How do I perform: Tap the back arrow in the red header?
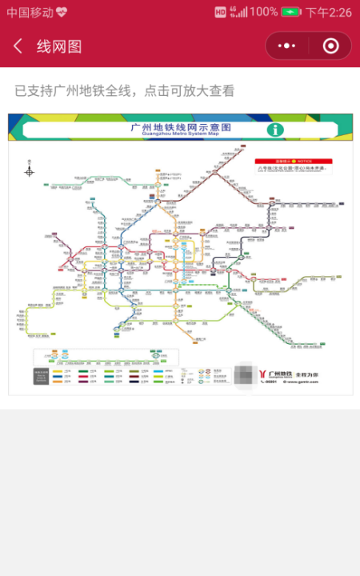(x=18, y=46)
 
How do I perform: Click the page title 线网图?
(x=59, y=46)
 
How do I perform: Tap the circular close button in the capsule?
(x=330, y=46)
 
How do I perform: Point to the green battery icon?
(x=290, y=12)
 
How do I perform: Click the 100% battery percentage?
(x=263, y=12)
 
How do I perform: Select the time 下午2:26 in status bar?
(x=329, y=12)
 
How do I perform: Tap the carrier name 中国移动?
(x=30, y=12)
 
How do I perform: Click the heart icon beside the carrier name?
(x=62, y=12)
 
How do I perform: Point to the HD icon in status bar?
(x=221, y=12)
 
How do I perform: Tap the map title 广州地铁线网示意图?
(x=181, y=126)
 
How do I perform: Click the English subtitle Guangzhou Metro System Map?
(x=181, y=134)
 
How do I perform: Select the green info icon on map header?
(x=276, y=130)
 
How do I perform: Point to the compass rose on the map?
(x=30, y=170)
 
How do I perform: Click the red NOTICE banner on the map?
(x=294, y=160)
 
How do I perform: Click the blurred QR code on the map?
(x=243, y=373)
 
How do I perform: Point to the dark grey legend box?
(x=41, y=375)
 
